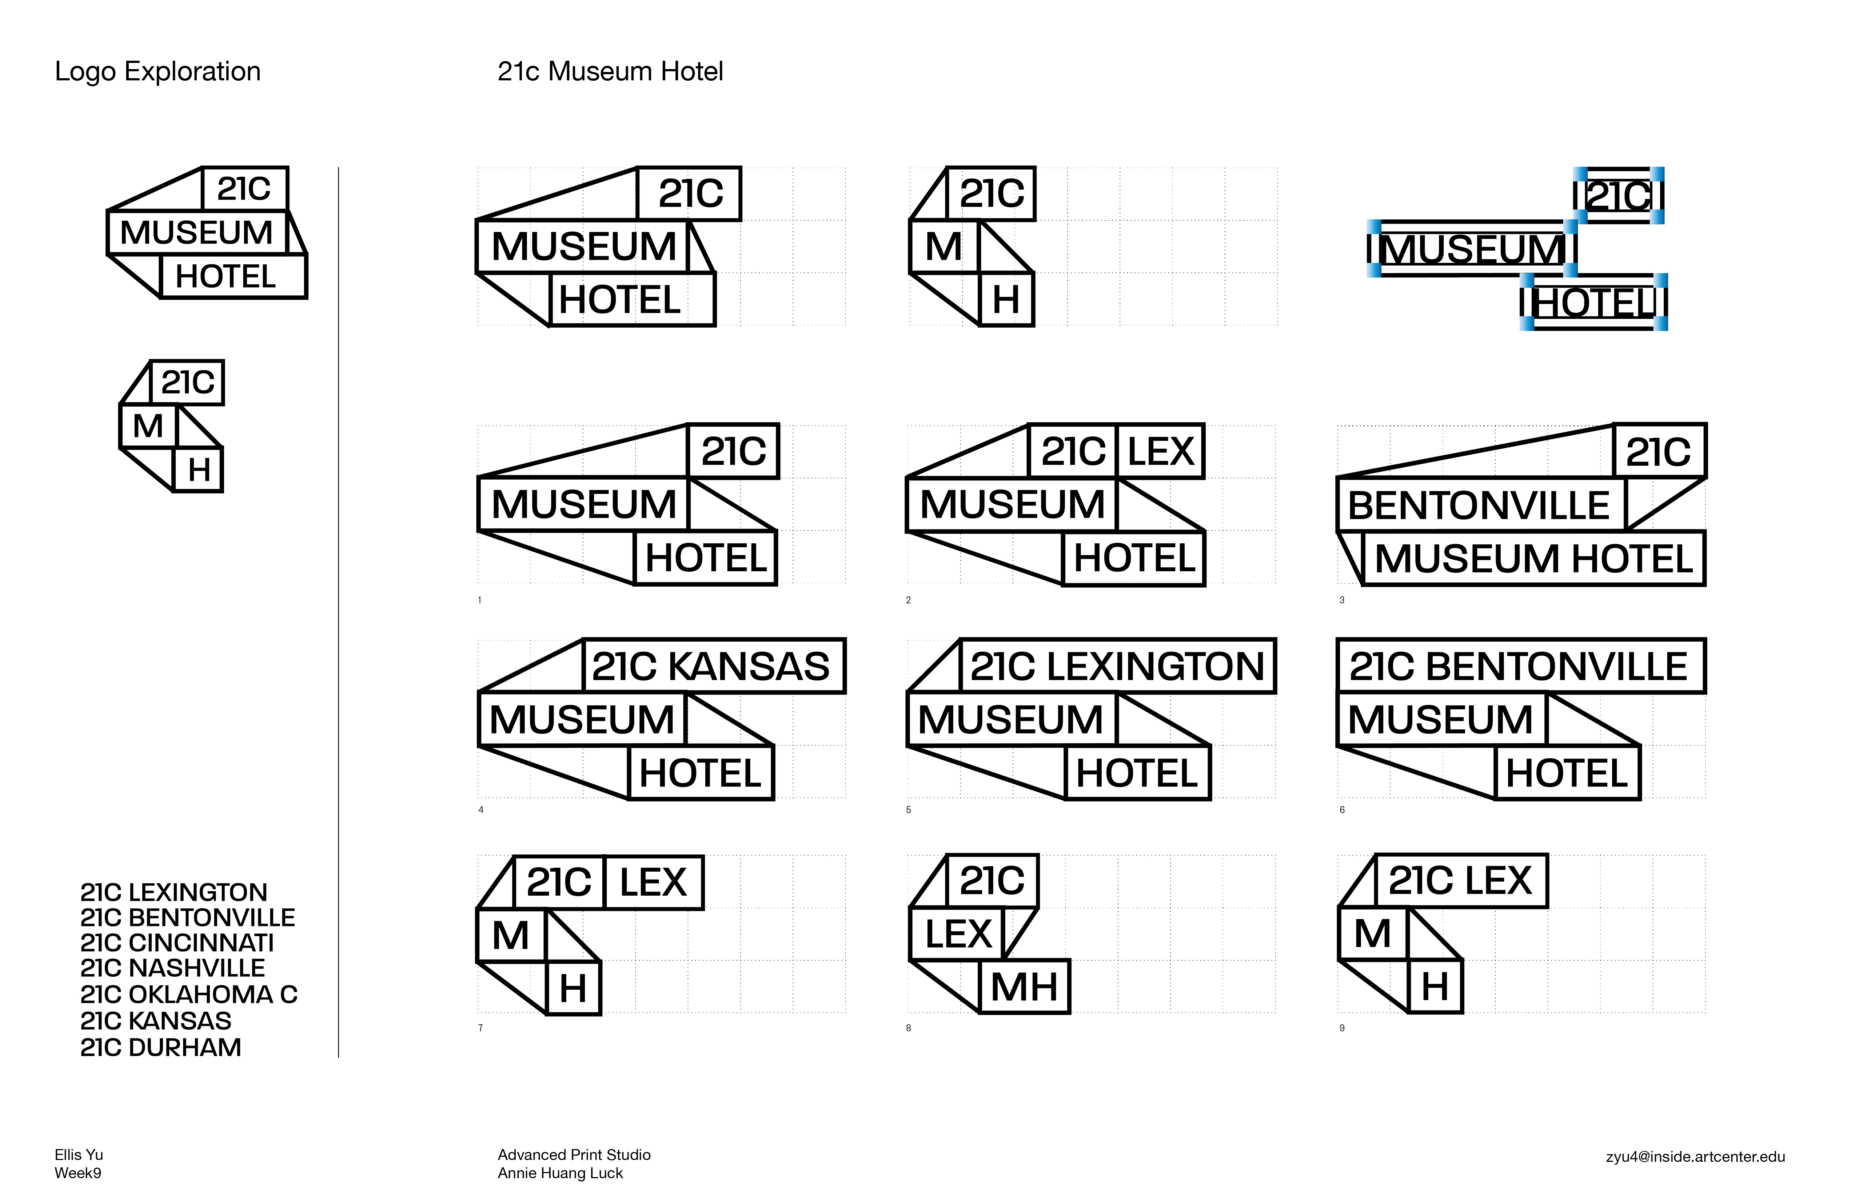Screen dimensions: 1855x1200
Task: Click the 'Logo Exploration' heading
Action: (x=157, y=72)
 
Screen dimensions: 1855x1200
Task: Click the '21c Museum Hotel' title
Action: (x=610, y=72)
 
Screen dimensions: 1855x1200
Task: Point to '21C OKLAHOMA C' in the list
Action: (x=189, y=995)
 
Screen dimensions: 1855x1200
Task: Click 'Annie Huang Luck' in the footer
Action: (x=561, y=1173)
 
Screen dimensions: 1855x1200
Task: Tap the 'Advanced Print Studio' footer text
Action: (x=574, y=1155)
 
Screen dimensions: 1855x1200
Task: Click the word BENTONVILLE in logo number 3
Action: (x=1479, y=506)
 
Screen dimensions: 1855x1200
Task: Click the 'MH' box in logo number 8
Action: (x=1024, y=987)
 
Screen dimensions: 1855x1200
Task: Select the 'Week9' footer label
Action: (x=78, y=1173)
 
